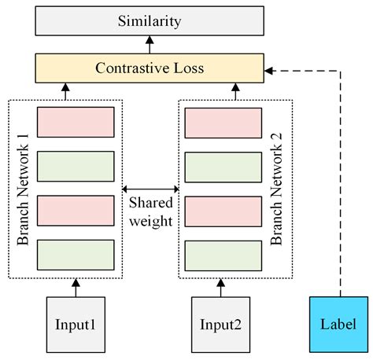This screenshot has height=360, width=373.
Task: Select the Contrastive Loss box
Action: (x=150, y=69)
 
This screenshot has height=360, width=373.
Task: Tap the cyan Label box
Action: (x=339, y=323)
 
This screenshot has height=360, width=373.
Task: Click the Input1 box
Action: (x=76, y=323)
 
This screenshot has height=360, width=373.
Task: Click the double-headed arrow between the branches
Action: (x=150, y=189)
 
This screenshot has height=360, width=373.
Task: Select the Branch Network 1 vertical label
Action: (x=21, y=189)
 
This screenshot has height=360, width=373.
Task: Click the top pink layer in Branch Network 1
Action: (x=76, y=123)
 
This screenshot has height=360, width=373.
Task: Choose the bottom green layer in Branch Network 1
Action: (x=76, y=255)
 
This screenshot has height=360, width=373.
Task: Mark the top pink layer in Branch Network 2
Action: (x=223, y=123)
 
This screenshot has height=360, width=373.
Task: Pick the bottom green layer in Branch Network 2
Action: (x=223, y=255)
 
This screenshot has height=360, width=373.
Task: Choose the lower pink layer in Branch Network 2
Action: (x=223, y=211)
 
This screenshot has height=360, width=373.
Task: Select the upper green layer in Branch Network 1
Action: (x=76, y=167)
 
